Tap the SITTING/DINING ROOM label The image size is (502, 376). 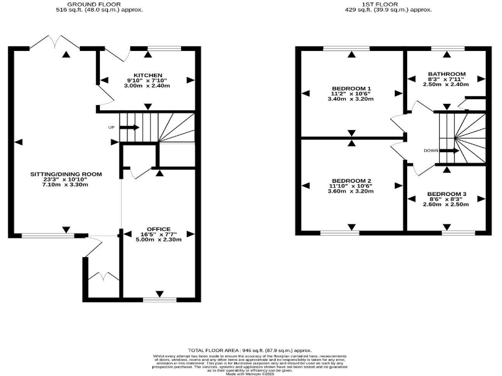tap(67, 174)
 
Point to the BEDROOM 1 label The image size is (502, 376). tap(352, 88)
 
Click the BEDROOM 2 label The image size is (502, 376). tap(352, 180)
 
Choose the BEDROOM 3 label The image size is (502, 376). tap(447, 194)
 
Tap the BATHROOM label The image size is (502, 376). tap(447, 74)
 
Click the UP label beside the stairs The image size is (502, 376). tap(112, 127)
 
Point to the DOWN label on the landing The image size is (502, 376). tap(431, 151)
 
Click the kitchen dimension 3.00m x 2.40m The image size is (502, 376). tap(147, 86)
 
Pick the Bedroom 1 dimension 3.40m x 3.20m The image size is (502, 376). tap(352, 99)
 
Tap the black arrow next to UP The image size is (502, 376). tap(129, 127)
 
